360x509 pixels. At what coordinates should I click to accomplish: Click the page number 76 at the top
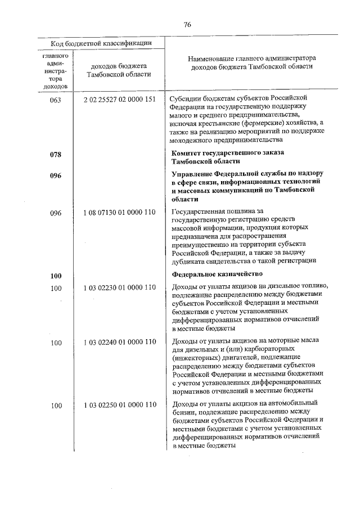pyautogui.click(x=188, y=24)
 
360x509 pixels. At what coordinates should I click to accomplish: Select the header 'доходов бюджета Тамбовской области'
pyautogui.click(x=119, y=70)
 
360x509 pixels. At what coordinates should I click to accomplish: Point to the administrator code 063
pyautogui.click(x=56, y=100)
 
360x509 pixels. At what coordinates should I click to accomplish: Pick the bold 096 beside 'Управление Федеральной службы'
pyautogui.click(x=56, y=175)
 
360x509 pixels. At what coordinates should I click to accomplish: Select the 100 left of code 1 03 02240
pyautogui.click(x=56, y=343)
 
